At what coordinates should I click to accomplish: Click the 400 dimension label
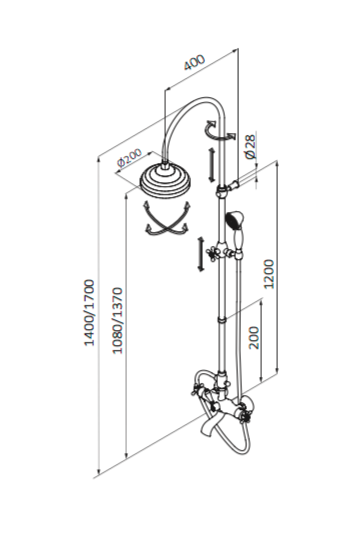[194, 62]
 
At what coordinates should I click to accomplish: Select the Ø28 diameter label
[251, 147]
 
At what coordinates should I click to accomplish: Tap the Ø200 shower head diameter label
[130, 158]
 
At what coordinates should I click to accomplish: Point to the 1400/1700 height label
[89, 312]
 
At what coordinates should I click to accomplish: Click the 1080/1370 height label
[117, 320]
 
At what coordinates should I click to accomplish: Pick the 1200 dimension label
[269, 274]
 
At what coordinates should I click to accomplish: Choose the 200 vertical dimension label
[255, 338]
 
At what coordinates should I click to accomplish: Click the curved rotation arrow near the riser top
[219, 131]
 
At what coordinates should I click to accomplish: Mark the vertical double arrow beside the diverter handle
[201, 254]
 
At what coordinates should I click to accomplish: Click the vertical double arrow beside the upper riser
[212, 165]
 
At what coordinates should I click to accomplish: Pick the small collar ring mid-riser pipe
[221, 320]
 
